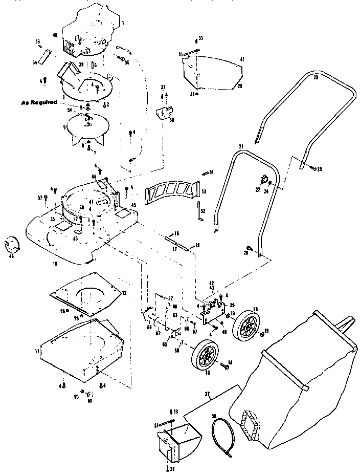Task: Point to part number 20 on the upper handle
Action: point(316,77)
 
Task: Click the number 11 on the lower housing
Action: point(36,351)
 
